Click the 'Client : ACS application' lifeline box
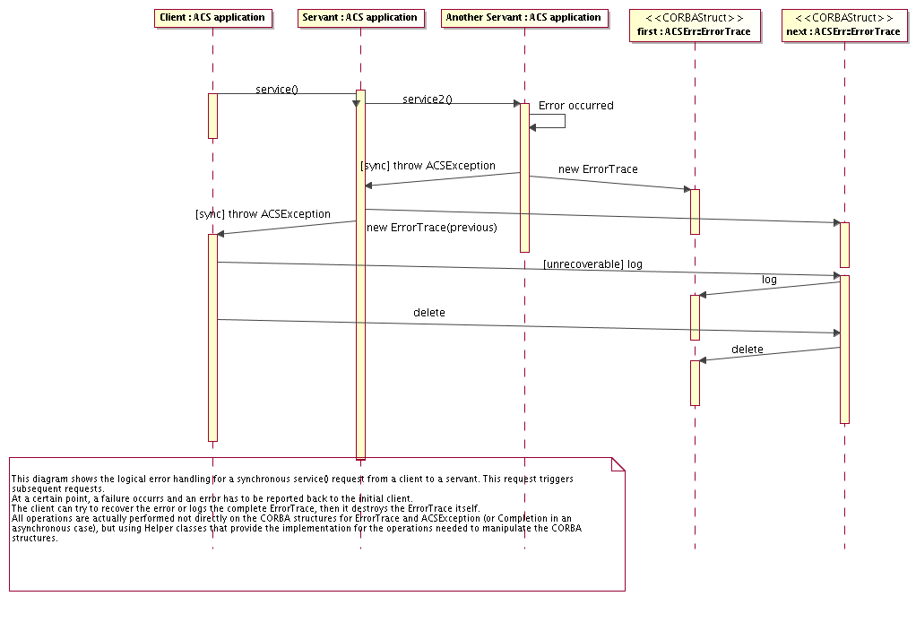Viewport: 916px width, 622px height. (212, 18)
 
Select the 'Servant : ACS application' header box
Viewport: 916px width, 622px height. (359, 18)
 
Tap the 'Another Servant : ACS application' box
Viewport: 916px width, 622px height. (524, 18)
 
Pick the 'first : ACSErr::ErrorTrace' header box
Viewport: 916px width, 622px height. (695, 24)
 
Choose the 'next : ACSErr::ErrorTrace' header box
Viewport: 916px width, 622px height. (843, 24)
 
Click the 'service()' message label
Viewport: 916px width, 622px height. (276, 90)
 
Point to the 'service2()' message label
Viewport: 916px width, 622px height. (427, 99)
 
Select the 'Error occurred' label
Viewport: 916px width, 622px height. (575, 106)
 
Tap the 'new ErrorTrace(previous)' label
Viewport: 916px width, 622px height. (431, 228)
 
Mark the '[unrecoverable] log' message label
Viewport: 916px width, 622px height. (592, 264)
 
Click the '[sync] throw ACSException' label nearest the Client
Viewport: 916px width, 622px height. (263, 215)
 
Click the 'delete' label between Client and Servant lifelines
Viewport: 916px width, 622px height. (428, 313)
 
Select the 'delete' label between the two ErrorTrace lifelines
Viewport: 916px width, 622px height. (747, 350)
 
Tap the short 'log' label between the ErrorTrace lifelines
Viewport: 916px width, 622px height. (769, 280)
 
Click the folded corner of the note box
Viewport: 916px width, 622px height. (618, 463)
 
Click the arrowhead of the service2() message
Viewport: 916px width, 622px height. (516, 104)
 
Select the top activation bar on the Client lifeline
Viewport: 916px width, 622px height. (212, 116)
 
